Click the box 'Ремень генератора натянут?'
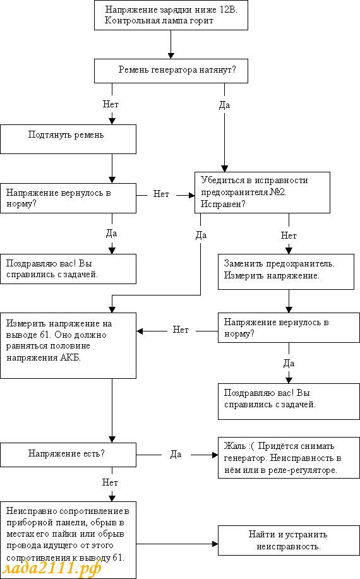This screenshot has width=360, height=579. (x=171, y=71)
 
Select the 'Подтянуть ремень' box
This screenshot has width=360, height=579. (x=68, y=139)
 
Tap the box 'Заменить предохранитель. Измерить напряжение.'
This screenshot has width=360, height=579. (x=285, y=272)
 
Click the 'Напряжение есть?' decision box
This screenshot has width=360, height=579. (x=68, y=455)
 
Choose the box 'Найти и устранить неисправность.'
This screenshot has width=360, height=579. (x=289, y=540)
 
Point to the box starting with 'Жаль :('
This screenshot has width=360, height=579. (x=289, y=458)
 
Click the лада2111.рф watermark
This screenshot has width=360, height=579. (x=52, y=567)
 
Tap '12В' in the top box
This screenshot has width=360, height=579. (x=228, y=9)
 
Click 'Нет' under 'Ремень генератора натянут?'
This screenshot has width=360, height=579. (x=111, y=105)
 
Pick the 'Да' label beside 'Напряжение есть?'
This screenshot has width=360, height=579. (x=176, y=454)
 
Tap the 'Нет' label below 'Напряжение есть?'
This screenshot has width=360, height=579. (x=110, y=482)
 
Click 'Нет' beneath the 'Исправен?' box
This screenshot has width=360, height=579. (x=289, y=236)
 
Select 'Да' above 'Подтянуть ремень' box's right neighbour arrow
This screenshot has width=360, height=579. (x=224, y=105)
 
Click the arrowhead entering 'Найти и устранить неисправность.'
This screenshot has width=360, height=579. (x=215, y=544)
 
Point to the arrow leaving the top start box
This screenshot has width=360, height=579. (x=171, y=44)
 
